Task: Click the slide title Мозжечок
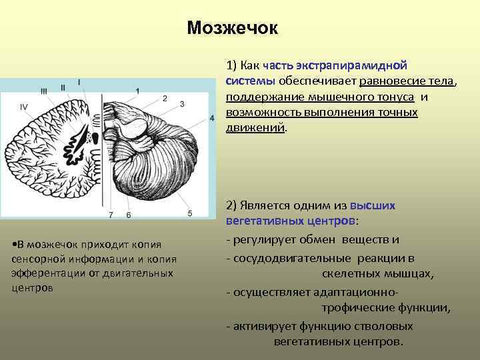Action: coord(232,28)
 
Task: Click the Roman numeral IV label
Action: coord(24,106)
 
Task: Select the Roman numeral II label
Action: coord(63,87)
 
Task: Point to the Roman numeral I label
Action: coord(79,82)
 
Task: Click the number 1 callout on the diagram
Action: coord(138,91)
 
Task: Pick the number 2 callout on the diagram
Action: coord(164,99)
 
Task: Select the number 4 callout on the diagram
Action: coord(212,118)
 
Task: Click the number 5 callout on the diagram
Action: coord(190,213)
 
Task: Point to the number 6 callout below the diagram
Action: coord(128,215)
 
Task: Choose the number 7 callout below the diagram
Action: coord(111,215)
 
